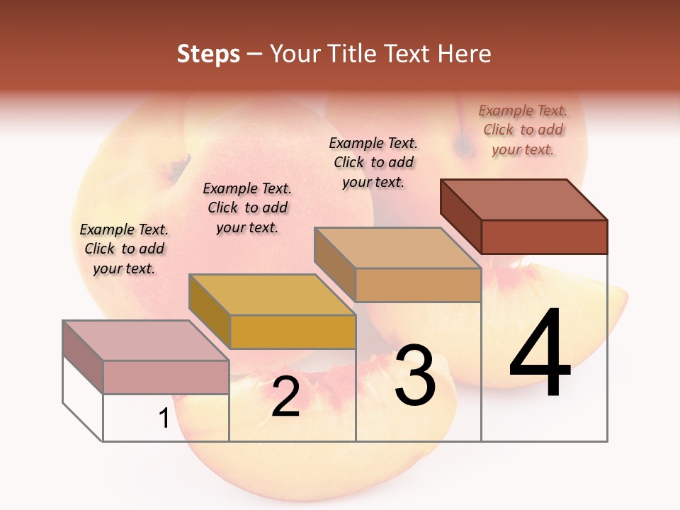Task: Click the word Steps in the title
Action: (208, 54)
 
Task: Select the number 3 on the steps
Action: (414, 375)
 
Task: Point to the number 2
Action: (285, 397)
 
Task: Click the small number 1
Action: (164, 419)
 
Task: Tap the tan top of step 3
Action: (398, 248)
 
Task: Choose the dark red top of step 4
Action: (524, 199)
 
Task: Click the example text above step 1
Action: (124, 249)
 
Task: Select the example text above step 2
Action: (247, 208)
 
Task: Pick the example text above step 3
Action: (373, 162)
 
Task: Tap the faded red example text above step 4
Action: (523, 130)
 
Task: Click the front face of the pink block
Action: (166, 377)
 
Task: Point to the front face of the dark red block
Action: (544, 237)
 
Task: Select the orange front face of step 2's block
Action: (293, 331)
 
